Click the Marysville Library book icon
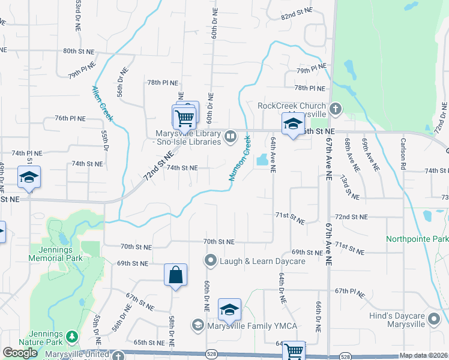click(x=230, y=137)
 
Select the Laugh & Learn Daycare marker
click(x=210, y=260)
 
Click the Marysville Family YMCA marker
click(x=197, y=325)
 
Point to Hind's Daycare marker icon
click(x=433, y=323)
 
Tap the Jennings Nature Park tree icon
click(x=72, y=335)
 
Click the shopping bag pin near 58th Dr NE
click(x=175, y=275)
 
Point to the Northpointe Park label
click(x=417, y=238)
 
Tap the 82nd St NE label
click(x=297, y=11)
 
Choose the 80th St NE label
click(x=79, y=51)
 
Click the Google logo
click(x=20, y=353)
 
